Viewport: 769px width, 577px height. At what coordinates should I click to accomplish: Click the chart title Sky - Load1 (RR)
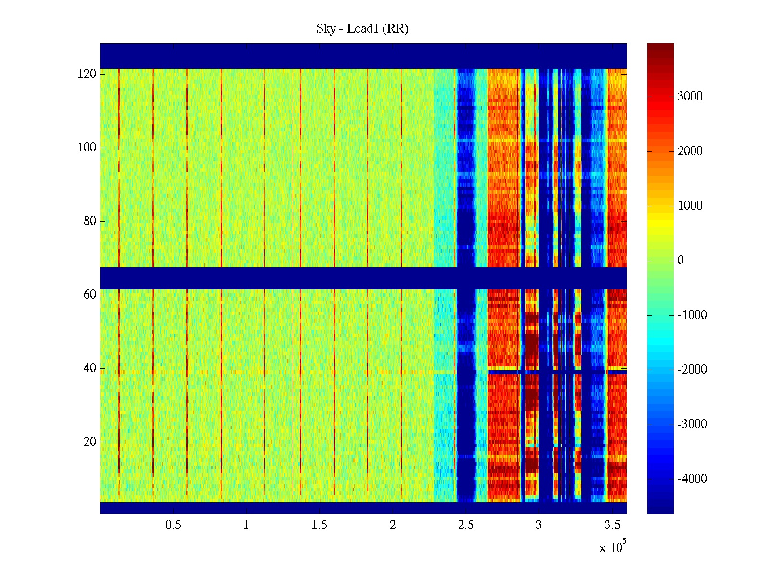click(x=362, y=29)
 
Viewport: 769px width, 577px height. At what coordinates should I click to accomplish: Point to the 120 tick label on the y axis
click(x=87, y=74)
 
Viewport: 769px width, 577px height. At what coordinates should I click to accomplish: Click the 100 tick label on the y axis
click(x=87, y=148)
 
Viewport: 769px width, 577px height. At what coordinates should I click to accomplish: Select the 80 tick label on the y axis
click(x=90, y=221)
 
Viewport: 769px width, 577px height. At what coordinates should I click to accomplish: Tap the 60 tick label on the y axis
click(x=90, y=295)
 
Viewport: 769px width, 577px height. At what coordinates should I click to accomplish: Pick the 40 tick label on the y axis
click(x=90, y=368)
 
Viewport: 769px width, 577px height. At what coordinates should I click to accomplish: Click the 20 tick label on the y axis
click(x=90, y=442)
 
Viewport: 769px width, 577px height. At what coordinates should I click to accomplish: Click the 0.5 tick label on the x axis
click(x=173, y=525)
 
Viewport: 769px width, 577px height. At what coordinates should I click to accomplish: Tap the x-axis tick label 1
click(x=246, y=525)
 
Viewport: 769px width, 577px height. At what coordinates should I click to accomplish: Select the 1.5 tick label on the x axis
click(x=319, y=525)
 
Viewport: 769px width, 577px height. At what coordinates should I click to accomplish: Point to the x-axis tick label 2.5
click(x=466, y=525)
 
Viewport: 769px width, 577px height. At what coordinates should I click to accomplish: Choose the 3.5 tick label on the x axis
click(x=612, y=525)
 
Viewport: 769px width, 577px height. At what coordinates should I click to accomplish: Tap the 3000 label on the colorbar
click(x=690, y=97)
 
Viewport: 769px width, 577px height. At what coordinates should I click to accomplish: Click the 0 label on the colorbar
click(x=681, y=261)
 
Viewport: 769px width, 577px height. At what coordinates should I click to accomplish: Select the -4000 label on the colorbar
click(x=692, y=479)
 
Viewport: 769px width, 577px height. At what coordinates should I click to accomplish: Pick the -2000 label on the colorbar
click(x=692, y=370)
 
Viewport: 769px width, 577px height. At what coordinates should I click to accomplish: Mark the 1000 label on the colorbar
click(x=690, y=206)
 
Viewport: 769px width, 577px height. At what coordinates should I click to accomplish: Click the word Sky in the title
click(x=325, y=29)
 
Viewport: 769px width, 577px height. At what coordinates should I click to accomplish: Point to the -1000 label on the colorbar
click(x=692, y=315)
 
